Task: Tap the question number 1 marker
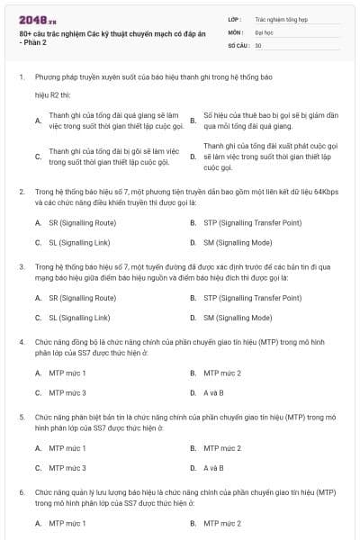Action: [21, 77]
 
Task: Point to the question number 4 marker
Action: [21, 342]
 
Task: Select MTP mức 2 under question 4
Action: [222, 372]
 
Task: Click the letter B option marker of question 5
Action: [193, 447]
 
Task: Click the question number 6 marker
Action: [21, 493]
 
